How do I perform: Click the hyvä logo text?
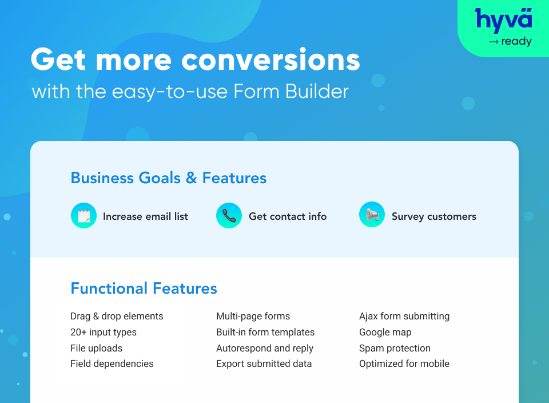tap(504, 19)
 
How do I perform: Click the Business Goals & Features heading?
tap(169, 177)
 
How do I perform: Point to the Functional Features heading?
tap(144, 288)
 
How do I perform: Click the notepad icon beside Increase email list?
tap(84, 216)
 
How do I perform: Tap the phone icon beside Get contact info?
tap(229, 216)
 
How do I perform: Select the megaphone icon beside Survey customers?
tap(372, 216)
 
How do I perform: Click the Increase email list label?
tap(145, 216)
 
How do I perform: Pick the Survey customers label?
tap(433, 216)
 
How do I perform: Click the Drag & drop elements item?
tap(117, 316)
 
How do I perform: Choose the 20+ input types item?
tap(104, 332)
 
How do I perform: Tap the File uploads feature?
tap(96, 348)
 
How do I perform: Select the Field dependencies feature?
tap(112, 364)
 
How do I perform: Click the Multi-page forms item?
tap(253, 316)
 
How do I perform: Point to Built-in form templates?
tap(265, 332)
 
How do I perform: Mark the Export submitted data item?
tap(264, 364)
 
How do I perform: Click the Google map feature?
tap(385, 332)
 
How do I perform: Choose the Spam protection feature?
tap(395, 348)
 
